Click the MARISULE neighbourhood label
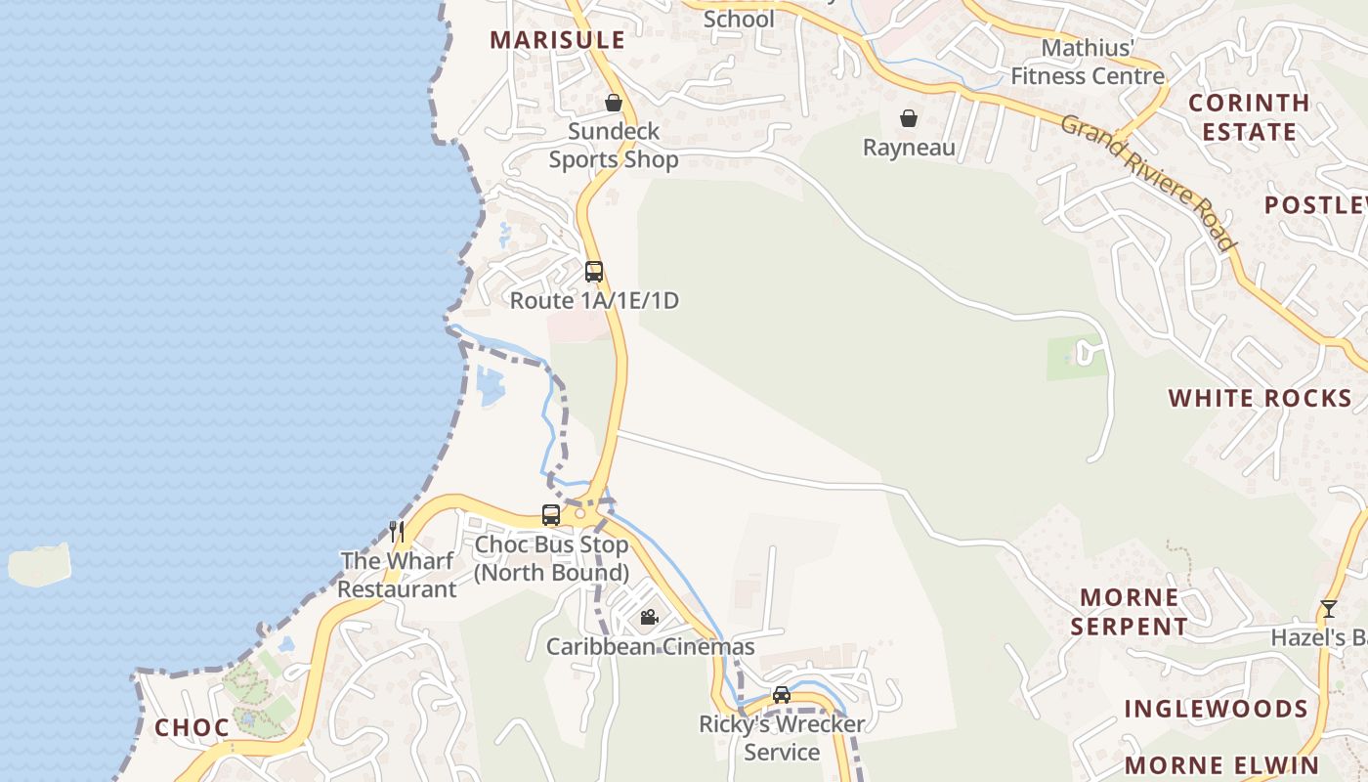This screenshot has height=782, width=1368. pyautogui.click(x=557, y=40)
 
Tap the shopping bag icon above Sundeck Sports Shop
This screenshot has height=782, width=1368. pyautogui.click(x=614, y=103)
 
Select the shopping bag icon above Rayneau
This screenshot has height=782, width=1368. pyautogui.click(x=909, y=118)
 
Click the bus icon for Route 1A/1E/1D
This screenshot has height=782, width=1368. pyautogui.click(x=594, y=272)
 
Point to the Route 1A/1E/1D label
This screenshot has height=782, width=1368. pyautogui.click(x=594, y=300)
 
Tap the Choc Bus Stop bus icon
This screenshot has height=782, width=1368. pyautogui.click(x=551, y=515)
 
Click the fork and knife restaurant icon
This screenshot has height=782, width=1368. pyautogui.click(x=397, y=532)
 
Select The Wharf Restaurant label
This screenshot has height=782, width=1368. pyautogui.click(x=397, y=576)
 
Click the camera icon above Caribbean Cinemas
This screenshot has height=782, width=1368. pyautogui.click(x=649, y=617)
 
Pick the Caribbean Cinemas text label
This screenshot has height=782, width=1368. pyautogui.click(x=650, y=646)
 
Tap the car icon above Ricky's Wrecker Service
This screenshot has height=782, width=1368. pyautogui.click(x=782, y=695)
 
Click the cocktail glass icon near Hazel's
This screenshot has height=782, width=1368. pyautogui.click(x=1328, y=609)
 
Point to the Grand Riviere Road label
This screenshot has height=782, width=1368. pyautogui.click(x=1149, y=182)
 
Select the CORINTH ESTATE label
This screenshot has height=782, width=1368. pyautogui.click(x=1249, y=117)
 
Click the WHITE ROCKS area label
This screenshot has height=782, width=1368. pyautogui.click(x=1261, y=398)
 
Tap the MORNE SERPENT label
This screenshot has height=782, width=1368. pyautogui.click(x=1130, y=611)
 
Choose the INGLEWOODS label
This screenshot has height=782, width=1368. pyautogui.click(x=1216, y=709)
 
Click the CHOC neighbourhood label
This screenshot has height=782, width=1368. pyautogui.click(x=192, y=727)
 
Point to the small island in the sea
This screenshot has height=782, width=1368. pyautogui.click(x=40, y=564)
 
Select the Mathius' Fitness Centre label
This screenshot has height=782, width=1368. pyautogui.click(x=1088, y=62)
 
